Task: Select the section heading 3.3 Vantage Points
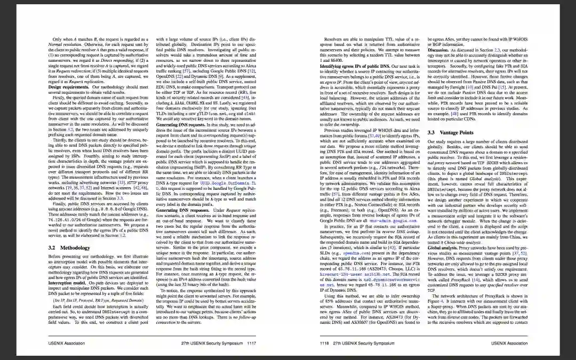[450, 132]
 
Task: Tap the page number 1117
[251, 343]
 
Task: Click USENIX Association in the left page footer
[67, 343]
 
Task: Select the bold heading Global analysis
[442, 247]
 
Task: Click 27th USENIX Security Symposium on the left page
[211, 343]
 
